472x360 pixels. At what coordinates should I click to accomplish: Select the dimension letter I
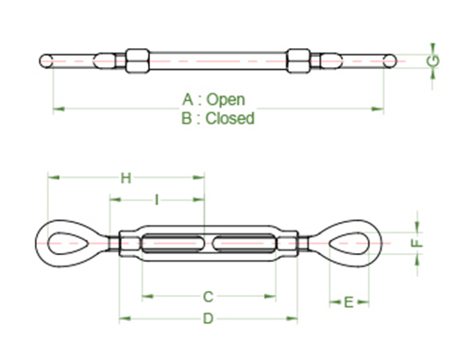156,200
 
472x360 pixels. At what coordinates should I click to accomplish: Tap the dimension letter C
209,297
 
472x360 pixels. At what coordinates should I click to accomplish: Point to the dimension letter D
209,318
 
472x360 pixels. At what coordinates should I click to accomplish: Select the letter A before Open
187,99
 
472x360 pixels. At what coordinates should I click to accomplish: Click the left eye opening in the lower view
67,243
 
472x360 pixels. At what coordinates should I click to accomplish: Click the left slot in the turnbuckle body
175,243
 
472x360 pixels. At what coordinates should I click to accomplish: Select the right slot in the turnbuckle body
244,243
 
